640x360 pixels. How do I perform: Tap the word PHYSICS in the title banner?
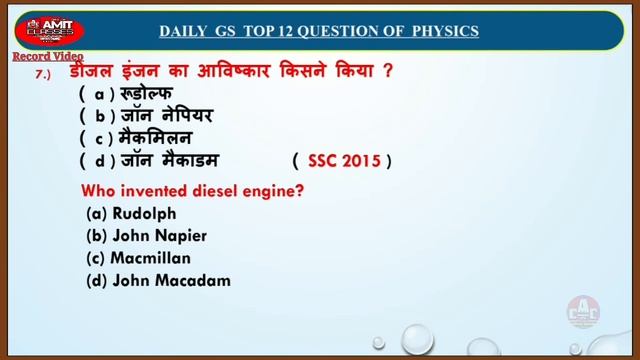443,31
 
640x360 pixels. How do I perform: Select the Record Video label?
47,57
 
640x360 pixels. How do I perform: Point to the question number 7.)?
42,76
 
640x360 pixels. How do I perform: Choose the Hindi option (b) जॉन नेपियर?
166,116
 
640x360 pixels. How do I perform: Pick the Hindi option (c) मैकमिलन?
156,138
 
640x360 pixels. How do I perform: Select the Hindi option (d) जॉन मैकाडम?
168,159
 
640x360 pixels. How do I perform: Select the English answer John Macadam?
172,280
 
